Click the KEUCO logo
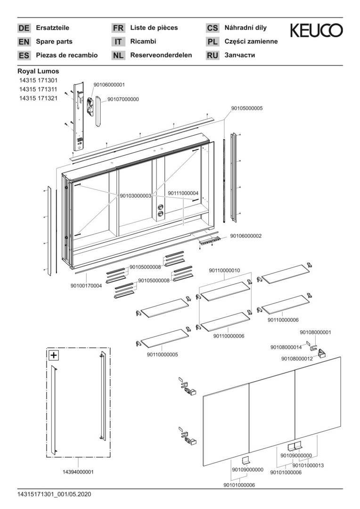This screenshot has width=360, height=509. coord(316,31)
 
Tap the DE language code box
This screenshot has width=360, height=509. coord(24,28)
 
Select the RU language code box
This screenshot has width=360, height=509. coord(213,56)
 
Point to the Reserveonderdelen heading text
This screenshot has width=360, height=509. coord(161,55)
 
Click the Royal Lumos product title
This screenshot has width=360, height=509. coord(38,71)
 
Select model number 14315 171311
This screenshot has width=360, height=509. coord(38,90)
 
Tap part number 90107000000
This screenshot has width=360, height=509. coord(123,99)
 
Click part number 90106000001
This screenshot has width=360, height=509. coord(109,85)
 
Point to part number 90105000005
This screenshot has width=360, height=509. coord(246,108)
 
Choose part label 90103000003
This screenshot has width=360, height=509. coord(135,196)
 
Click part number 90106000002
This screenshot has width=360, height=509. coord(246,236)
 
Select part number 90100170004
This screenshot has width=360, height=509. coord(86,286)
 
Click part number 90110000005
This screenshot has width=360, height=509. coord(162,354)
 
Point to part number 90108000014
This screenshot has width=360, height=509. coord(286,347)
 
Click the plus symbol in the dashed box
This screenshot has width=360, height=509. coord(54,355)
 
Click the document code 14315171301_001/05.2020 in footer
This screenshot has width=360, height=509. coord(54,494)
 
